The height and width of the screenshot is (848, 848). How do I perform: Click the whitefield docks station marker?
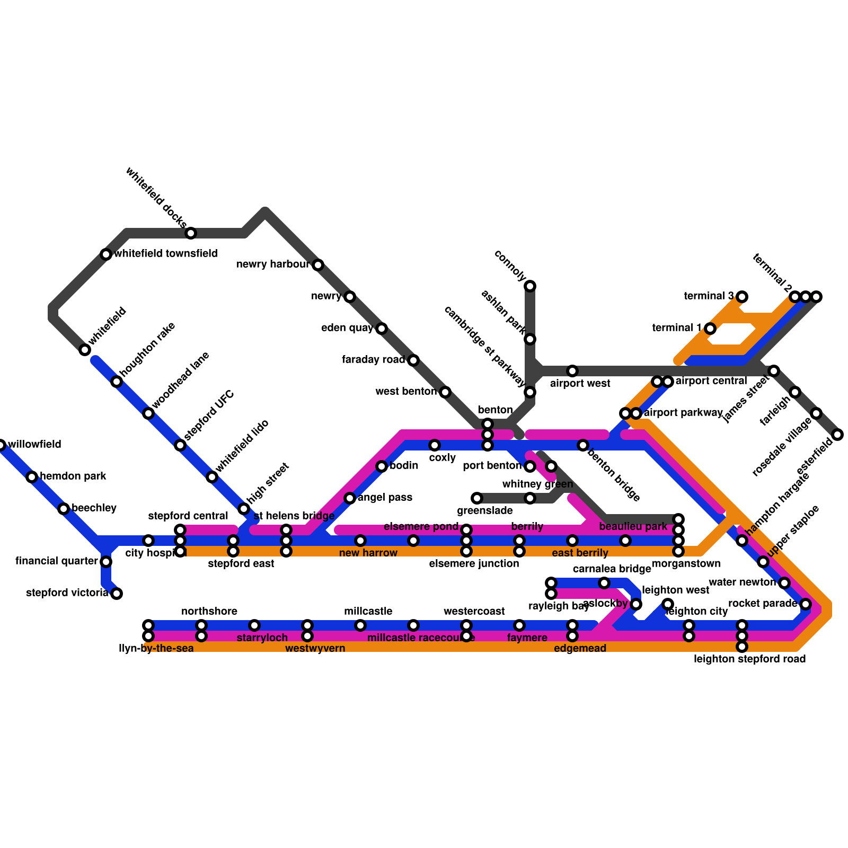click(x=191, y=233)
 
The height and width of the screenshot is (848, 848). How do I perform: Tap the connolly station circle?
click(x=530, y=286)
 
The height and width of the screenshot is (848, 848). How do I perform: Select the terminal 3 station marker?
click(x=742, y=296)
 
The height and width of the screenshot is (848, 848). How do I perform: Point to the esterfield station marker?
click(x=837, y=435)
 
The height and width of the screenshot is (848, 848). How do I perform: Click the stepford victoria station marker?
click(x=117, y=593)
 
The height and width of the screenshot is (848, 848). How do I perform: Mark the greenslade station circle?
click(x=477, y=498)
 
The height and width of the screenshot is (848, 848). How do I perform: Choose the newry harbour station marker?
click(x=318, y=265)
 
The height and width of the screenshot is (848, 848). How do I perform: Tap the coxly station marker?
click(x=435, y=445)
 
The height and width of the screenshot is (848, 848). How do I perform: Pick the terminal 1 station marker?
click(x=710, y=329)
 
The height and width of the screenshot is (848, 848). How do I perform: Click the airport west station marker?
click(x=572, y=371)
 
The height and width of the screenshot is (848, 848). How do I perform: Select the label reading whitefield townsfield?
click(x=166, y=254)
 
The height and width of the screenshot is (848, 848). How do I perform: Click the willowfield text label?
click(x=35, y=444)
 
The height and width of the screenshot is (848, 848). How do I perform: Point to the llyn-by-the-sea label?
click(x=156, y=648)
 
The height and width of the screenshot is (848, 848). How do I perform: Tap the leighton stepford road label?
click(x=749, y=659)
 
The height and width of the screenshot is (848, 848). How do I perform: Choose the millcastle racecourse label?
click(x=421, y=638)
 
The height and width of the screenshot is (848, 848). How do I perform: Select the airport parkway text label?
click(x=683, y=413)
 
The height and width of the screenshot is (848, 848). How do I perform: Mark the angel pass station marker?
click(x=350, y=498)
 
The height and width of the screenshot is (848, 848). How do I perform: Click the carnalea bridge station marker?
click(x=604, y=583)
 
